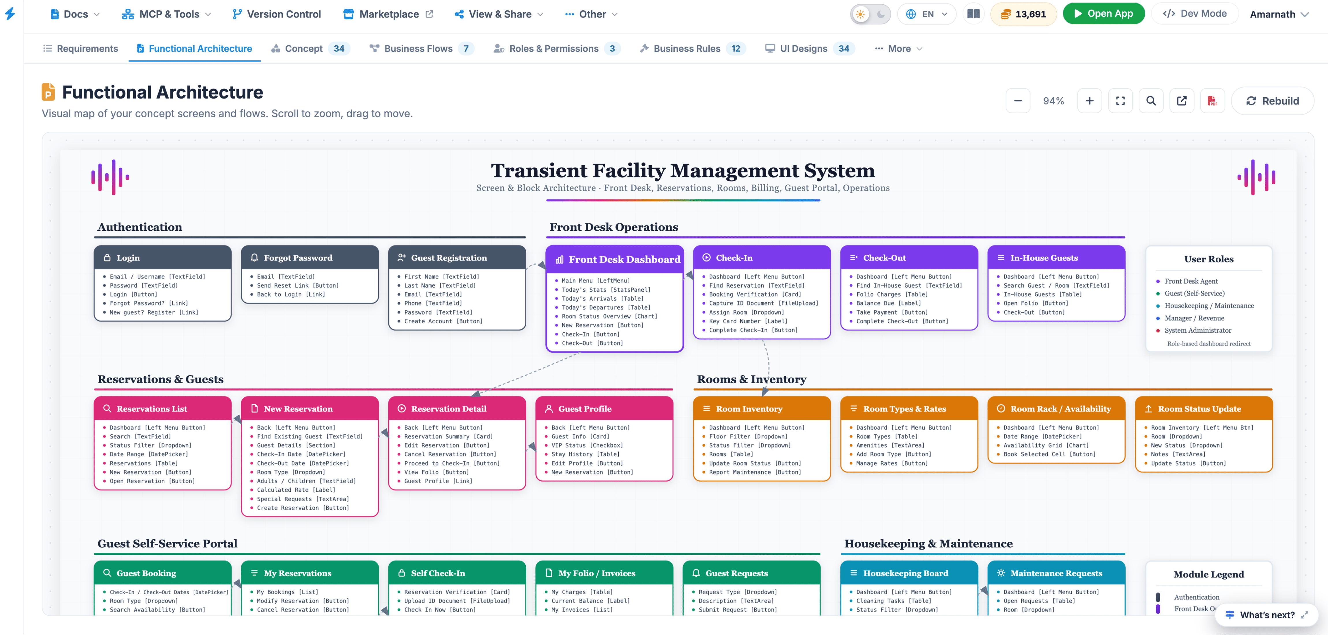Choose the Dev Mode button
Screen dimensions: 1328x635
(1195, 14)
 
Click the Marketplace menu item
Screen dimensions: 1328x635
(388, 14)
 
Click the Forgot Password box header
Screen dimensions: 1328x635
(310, 257)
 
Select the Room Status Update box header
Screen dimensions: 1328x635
(1204, 409)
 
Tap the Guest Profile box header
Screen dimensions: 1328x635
(604, 409)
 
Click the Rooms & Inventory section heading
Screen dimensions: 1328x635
(752, 379)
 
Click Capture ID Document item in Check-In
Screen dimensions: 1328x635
(763, 303)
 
